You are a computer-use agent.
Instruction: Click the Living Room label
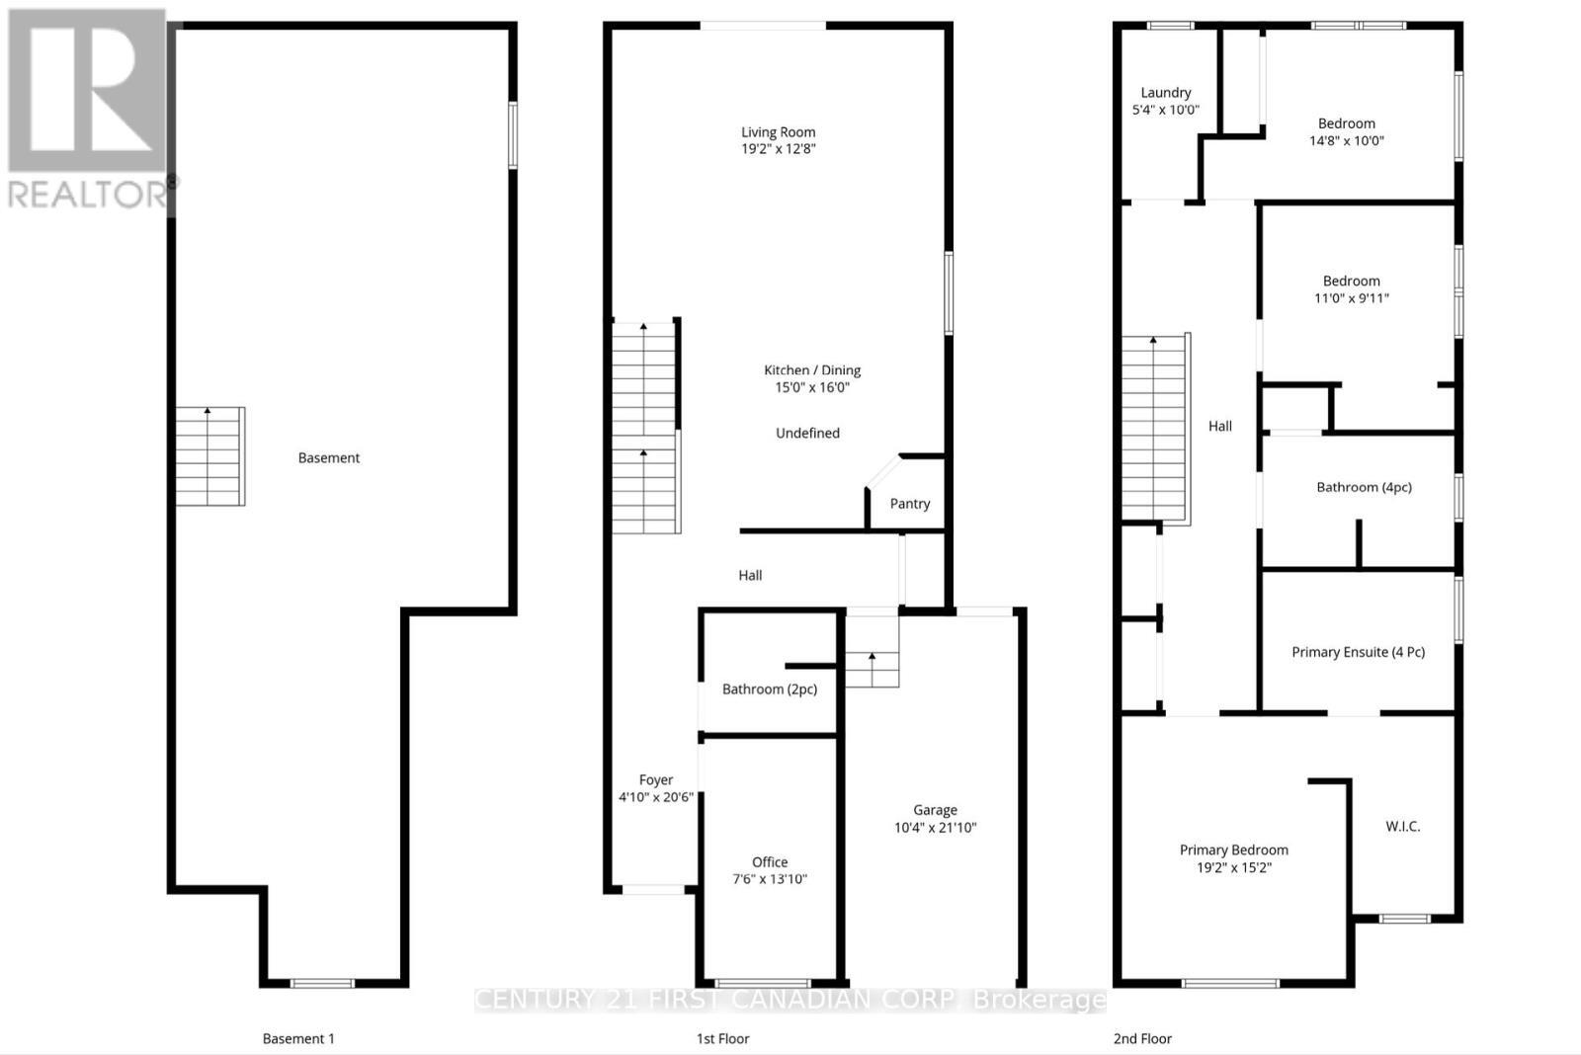(x=779, y=132)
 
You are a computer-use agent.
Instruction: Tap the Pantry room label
(x=909, y=504)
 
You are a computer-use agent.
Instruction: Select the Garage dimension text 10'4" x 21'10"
(x=935, y=828)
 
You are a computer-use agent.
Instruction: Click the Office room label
(x=770, y=861)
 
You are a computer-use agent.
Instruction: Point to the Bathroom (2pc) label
(x=770, y=690)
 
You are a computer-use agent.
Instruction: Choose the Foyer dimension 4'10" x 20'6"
(x=655, y=797)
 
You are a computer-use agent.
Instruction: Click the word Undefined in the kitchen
(x=807, y=433)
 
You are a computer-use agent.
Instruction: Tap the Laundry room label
(x=1165, y=92)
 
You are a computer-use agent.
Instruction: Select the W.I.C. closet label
(x=1402, y=826)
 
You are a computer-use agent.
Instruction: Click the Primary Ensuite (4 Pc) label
(x=1358, y=652)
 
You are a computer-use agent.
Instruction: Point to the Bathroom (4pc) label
(x=1364, y=487)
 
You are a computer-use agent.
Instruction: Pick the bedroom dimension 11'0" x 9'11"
(x=1351, y=298)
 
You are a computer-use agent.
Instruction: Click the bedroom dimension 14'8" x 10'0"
(x=1346, y=141)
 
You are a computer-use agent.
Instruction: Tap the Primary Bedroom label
(x=1233, y=850)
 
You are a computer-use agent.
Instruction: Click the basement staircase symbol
(x=209, y=456)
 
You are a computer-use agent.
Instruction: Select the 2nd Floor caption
(x=1142, y=1038)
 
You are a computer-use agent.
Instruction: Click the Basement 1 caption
(x=298, y=1038)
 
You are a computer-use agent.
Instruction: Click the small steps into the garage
(x=872, y=667)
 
